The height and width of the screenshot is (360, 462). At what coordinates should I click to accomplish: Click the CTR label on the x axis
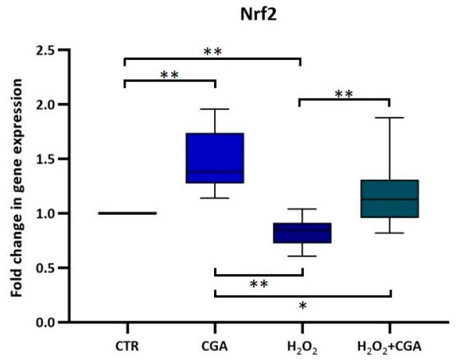tap(127, 344)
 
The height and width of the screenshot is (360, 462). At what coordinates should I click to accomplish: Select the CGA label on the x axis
tap(215, 344)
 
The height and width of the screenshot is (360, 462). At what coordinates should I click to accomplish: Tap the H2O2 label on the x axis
tap(302, 344)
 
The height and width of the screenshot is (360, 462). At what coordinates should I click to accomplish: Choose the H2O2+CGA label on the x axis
tap(389, 344)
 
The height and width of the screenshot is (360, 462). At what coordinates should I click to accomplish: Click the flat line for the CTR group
tap(127, 213)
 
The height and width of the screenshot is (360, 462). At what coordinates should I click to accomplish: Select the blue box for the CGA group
tap(215, 158)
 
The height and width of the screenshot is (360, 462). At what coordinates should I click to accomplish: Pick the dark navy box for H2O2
tap(302, 233)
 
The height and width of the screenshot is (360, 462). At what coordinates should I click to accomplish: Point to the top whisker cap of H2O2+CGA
tap(389, 118)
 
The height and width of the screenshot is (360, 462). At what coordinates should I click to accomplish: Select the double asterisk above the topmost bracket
tap(212, 52)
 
